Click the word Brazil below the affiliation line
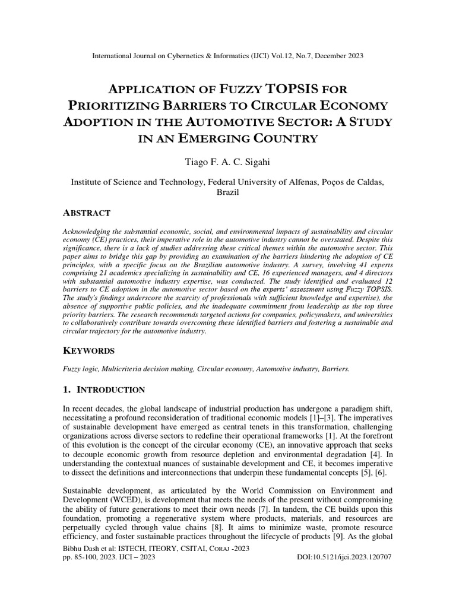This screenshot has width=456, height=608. [x=227, y=193]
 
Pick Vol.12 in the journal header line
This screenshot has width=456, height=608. [x=280, y=56]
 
